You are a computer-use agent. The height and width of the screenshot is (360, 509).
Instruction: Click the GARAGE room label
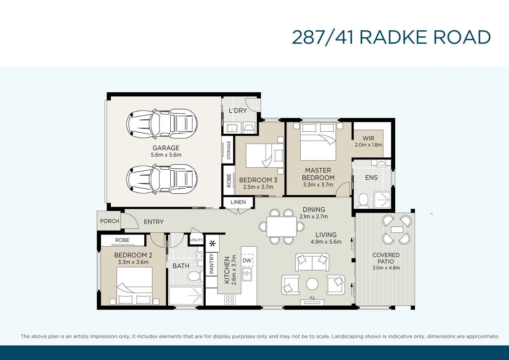166,148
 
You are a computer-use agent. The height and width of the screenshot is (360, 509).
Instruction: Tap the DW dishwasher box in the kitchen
247,261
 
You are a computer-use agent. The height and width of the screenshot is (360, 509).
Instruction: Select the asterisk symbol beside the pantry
212,243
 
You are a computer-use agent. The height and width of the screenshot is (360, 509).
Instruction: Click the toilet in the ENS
363,200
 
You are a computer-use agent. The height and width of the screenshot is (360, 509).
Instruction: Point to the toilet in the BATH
194,276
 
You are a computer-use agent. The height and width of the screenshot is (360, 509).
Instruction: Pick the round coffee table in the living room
312,284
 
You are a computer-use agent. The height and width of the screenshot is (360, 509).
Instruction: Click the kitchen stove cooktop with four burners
230,300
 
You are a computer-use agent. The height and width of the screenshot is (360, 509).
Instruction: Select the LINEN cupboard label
238,202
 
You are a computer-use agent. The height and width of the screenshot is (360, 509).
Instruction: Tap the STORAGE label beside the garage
229,150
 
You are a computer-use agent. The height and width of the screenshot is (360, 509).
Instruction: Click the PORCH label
109,221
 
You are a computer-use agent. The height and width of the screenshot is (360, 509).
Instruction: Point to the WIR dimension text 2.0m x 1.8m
368,145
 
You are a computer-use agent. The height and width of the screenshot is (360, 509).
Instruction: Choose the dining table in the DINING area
282,227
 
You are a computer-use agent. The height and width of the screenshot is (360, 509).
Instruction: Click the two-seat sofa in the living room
312,262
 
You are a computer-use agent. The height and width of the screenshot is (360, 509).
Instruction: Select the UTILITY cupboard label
196,240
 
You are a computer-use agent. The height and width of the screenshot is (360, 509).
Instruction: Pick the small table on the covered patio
397,230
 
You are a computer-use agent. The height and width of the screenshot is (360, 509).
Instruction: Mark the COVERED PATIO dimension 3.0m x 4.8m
386,268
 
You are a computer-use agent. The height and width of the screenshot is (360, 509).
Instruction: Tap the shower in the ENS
382,200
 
